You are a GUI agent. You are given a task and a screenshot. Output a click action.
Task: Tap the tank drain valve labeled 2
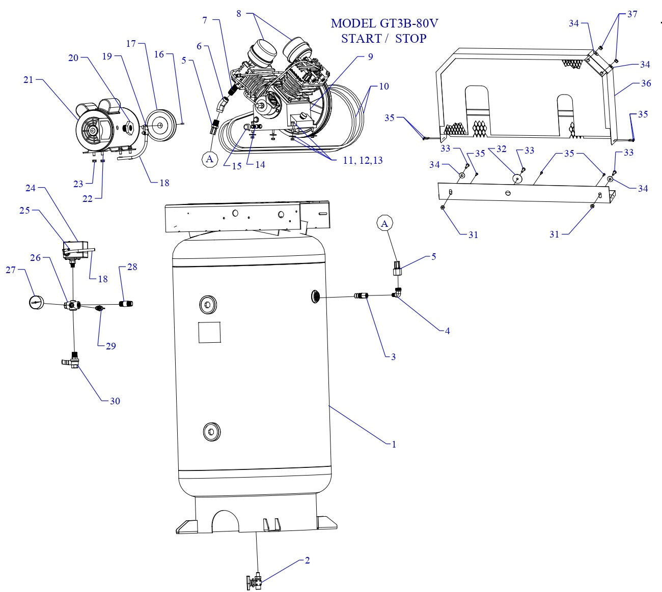click(255, 581)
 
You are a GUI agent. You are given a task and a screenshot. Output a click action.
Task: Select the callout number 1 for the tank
click(393, 444)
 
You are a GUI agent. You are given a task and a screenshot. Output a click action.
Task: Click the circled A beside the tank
click(384, 223)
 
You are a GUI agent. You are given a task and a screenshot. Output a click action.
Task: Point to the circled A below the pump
click(209, 159)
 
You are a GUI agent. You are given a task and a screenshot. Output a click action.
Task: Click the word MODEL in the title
click(353, 23)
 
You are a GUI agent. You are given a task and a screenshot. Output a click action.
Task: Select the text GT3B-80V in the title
click(408, 23)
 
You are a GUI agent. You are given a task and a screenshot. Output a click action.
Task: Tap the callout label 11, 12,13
click(363, 160)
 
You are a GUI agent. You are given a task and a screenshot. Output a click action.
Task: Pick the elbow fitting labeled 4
click(397, 293)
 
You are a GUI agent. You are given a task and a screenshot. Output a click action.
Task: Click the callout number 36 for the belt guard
click(645, 83)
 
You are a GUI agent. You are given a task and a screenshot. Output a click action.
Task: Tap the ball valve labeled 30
click(72, 362)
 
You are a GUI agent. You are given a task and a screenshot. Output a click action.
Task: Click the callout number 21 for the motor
click(28, 79)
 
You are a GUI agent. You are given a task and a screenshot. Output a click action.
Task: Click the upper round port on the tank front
click(208, 305)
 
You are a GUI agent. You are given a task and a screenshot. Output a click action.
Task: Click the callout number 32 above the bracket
click(501, 149)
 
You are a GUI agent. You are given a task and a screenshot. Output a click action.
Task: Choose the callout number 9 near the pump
click(370, 56)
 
